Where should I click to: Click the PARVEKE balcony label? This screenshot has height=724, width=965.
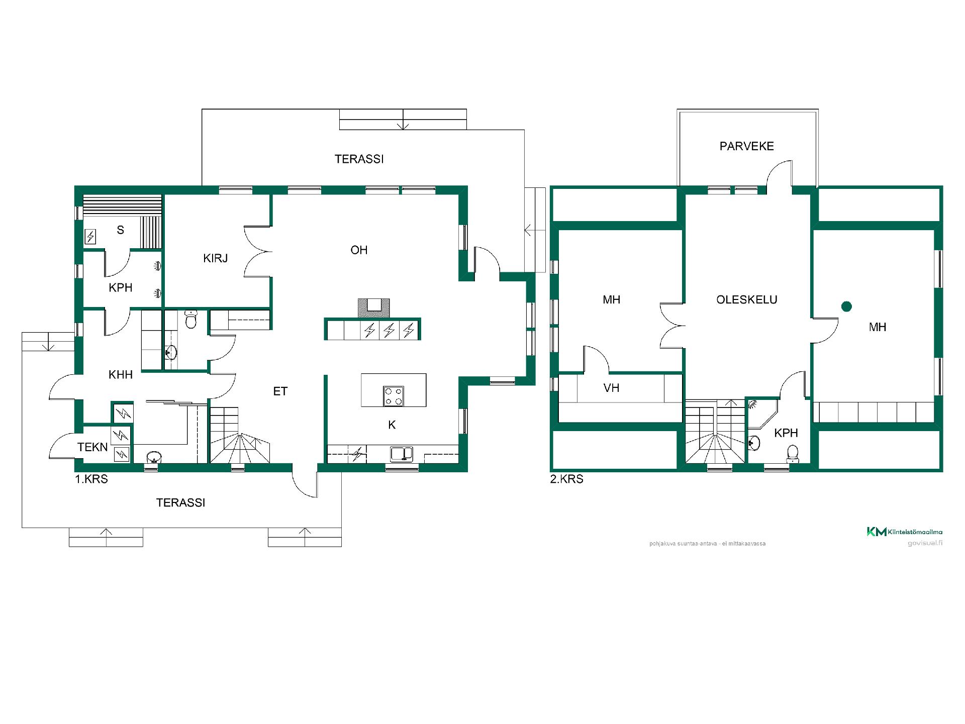[746, 146]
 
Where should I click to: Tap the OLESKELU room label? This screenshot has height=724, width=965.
[747, 300]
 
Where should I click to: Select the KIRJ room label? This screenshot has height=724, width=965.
[216, 258]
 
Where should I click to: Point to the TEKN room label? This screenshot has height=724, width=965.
[92, 447]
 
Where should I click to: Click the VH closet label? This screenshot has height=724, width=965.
[612, 388]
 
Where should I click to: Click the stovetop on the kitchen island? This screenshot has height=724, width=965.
[393, 395]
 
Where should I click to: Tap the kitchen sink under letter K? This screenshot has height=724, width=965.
[402, 454]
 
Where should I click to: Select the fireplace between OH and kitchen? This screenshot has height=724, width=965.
[373, 307]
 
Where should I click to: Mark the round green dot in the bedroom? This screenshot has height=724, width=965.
[847, 306]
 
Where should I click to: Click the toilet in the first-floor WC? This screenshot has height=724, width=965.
[190, 319]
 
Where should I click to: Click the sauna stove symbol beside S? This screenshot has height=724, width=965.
[90, 236]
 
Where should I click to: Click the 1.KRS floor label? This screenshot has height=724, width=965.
[91, 479]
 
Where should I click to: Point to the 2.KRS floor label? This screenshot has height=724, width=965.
[567, 479]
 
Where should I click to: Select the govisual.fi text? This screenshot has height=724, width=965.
[925, 543]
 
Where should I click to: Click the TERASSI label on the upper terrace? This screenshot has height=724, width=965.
[359, 159]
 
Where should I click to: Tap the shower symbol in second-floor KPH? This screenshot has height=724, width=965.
[752, 404]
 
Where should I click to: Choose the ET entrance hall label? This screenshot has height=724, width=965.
[280, 391]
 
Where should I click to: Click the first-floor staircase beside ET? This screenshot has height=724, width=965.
[239, 435]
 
